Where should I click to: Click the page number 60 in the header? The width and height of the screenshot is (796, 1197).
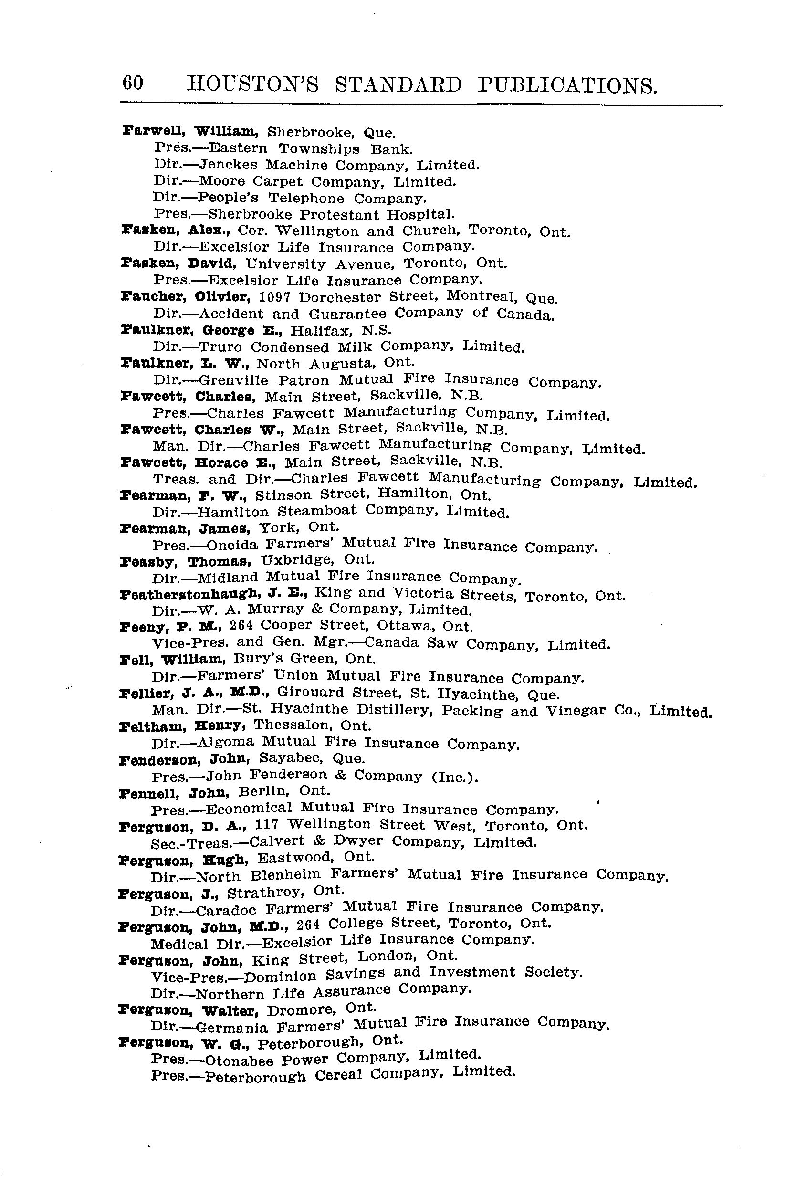click(x=133, y=83)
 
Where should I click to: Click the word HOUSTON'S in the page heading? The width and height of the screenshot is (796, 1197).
click(x=253, y=84)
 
